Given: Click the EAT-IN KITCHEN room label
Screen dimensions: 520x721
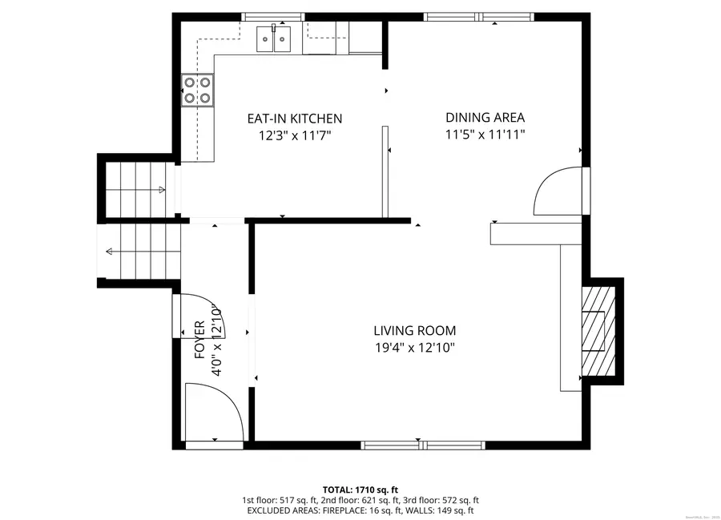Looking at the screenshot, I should coord(294,119).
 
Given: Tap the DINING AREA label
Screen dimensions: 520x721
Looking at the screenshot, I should coord(485,118).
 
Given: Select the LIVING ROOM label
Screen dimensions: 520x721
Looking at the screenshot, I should coord(414,330).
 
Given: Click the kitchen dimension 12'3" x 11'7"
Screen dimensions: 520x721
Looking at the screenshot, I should coord(294,136).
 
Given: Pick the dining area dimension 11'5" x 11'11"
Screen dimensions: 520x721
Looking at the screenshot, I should coord(485,135).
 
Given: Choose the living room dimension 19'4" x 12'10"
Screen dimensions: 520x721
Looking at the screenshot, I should coord(414,348).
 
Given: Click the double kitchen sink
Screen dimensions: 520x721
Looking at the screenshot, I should coord(273,38).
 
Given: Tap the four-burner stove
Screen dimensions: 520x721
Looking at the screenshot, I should coord(198,90).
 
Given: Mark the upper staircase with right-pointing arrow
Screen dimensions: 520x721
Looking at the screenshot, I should coord(137,189).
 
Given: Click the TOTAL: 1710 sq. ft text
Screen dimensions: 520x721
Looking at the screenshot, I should coord(360,489).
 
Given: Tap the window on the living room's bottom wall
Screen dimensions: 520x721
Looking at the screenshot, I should coord(422,445).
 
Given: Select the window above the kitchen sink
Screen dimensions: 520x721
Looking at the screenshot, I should coord(273,16).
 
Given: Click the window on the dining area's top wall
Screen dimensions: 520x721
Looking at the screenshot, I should coord(478,16).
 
